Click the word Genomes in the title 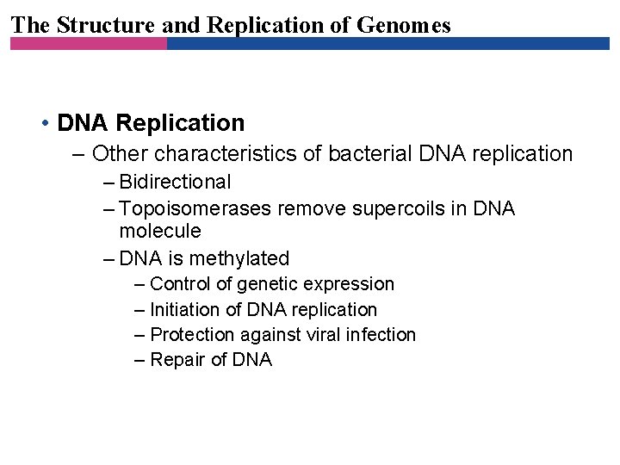tap(406, 25)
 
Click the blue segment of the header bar tap(387, 43)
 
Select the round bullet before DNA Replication tap(44, 124)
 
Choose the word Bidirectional tap(175, 182)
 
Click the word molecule tap(160, 231)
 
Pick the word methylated tap(239, 258)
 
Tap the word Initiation tap(182, 309)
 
